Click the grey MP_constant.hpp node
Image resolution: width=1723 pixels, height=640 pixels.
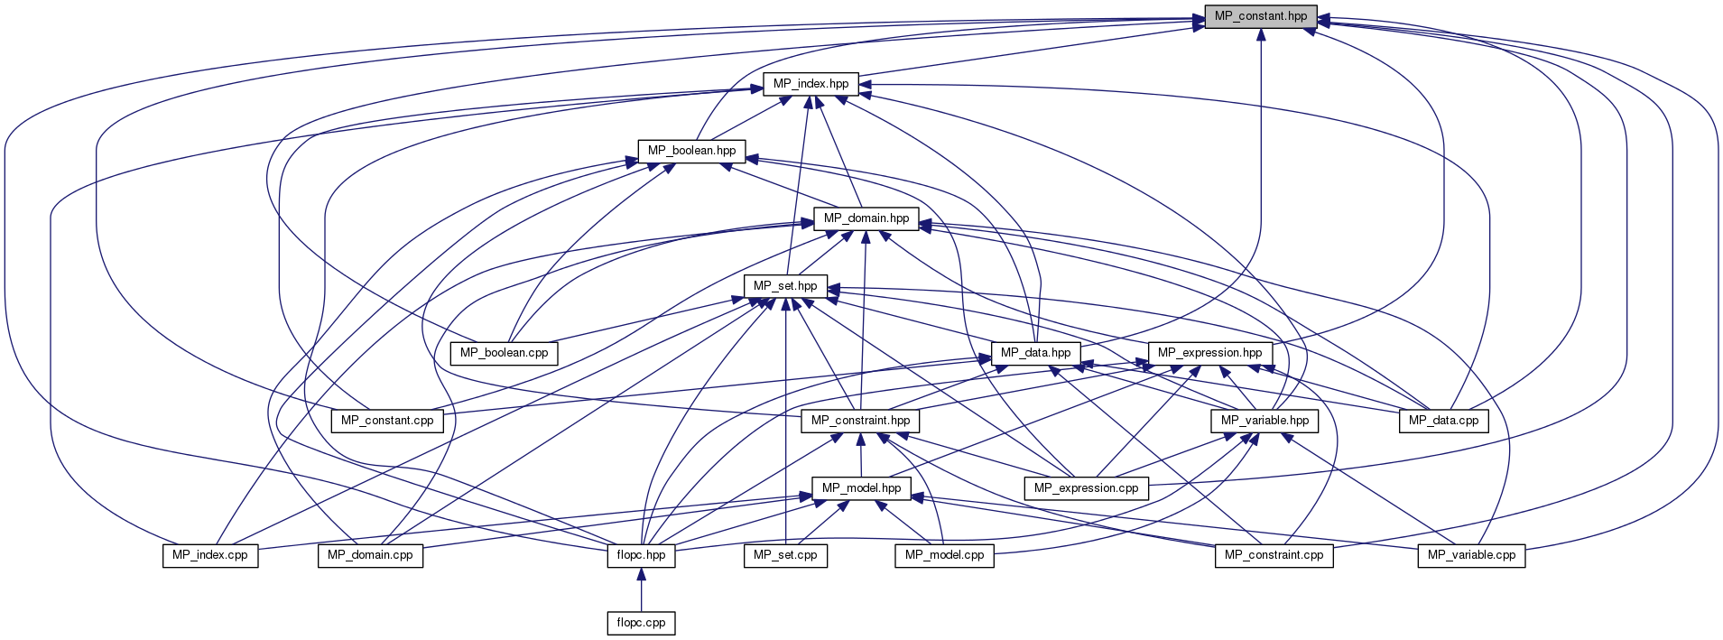point(1261,16)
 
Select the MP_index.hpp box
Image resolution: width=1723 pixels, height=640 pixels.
point(811,84)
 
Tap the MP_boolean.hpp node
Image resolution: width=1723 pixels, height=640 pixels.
point(691,151)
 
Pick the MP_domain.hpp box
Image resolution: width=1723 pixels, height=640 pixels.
point(866,218)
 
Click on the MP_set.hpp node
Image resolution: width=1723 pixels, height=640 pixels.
point(785,286)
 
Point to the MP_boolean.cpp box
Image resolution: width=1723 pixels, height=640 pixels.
point(504,353)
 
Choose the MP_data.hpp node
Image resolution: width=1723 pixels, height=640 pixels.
point(1035,353)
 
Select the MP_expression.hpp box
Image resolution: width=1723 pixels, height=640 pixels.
point(1209,353)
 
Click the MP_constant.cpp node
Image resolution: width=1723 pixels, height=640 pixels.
point(387,421)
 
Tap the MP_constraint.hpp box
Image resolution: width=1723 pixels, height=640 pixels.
point(860,421)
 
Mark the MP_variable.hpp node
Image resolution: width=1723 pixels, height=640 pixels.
point(1264,421)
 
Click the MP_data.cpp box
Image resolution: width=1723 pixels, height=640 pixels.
point(1443,421)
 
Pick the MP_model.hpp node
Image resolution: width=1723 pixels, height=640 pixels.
point(861,488)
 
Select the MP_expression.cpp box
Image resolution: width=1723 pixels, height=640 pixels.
point(1086,488)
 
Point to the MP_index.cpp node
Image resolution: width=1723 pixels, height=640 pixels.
point(209,555)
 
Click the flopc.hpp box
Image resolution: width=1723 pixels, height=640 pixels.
point(641,555)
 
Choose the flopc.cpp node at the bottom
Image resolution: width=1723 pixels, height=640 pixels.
point(641,623)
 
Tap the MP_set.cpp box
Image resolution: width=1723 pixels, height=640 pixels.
point(785,555)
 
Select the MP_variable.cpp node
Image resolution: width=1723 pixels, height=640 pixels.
point(1471,555)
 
